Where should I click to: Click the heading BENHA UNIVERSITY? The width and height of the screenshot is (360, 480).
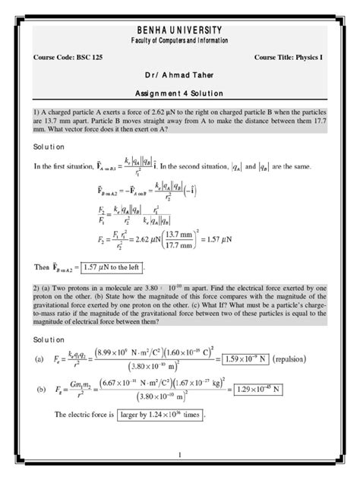point(180,29)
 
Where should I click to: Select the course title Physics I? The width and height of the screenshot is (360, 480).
point(306,58)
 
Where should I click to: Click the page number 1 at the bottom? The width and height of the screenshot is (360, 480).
point(179,455)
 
